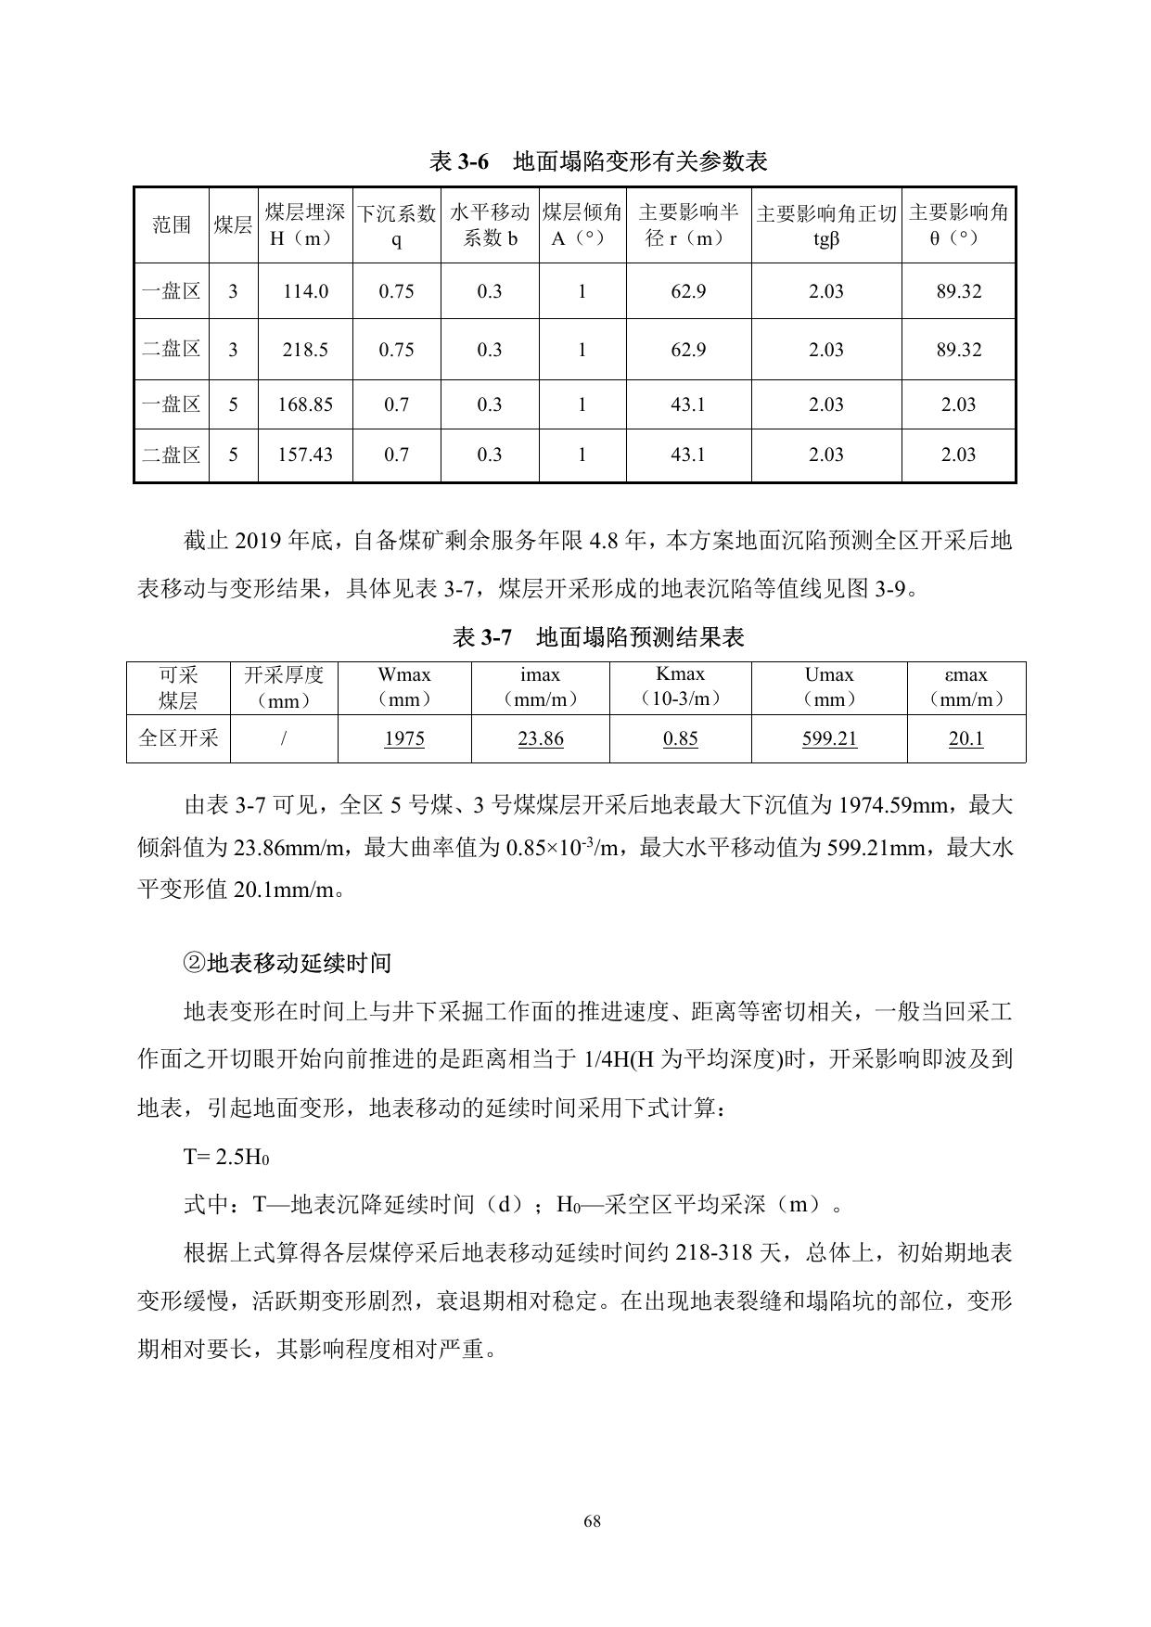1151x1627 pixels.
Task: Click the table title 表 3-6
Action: pyautogui.click(x=598, y=161)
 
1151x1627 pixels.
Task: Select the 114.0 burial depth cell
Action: pyautogui.click(x=305, y=291)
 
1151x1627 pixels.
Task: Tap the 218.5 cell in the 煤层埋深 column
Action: pyautogui.click(x=305, y=350)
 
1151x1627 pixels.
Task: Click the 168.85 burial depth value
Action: pyautogui.click(x=305, y=404)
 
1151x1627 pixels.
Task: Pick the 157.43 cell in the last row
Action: pyautogui.click(x=305, y=455)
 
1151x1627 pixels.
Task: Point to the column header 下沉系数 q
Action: pyautogui.click(x=396, y=225)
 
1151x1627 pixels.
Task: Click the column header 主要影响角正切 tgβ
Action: pyautogui.click(x=825, y=225)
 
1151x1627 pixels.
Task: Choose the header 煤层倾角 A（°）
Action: pyautogui.click(x=582, y=225)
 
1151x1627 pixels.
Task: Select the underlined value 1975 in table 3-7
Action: pyautogui.click(x=404, y=738)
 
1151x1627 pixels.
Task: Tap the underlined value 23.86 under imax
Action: pyautogui.click(x=541, y=738)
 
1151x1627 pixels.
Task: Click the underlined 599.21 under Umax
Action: pyautogui.click(x=829, y=738)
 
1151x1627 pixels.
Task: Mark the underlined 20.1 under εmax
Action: pyautogui.click(x=966, y=738)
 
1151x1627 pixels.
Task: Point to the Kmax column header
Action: pyautogui.click(x=680, y=686)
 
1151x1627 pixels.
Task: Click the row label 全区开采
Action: pyautogui.click(x=178, y=738)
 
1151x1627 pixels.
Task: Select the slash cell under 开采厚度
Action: pyautogui.click(x=284, y=738)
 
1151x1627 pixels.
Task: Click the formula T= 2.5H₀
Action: pyautogui.click(x=226, y=1157)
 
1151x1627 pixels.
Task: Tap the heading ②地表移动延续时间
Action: pyautogui.click(x=288, y=963)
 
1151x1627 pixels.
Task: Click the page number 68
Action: pyautogui.click(x=593, y=1521)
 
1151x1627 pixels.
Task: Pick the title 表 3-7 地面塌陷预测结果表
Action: pyautogui.click(x=598, y=637)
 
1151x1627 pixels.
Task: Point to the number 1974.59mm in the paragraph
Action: pyautogui.click(x=899, y=805)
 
